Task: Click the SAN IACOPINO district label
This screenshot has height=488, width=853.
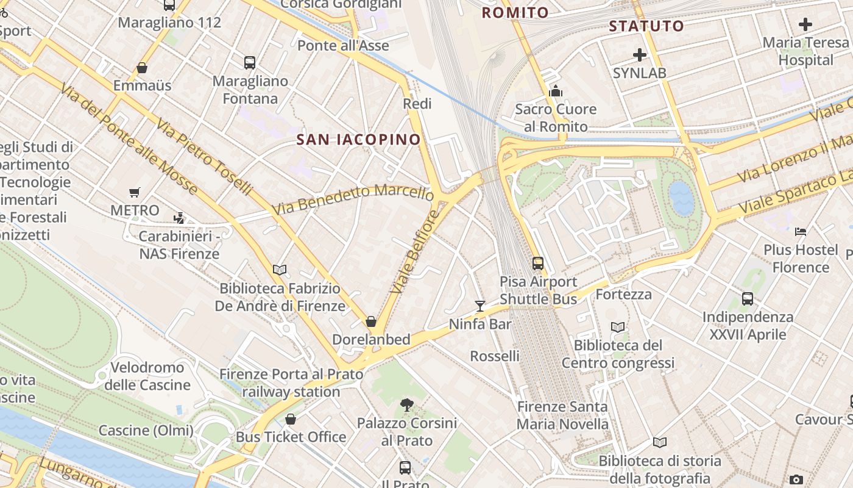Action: (x=358, y=140)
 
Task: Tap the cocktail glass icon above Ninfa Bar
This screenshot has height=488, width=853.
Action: (x=480, y=306)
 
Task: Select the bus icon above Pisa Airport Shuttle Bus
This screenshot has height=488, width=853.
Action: (x=537, y=263)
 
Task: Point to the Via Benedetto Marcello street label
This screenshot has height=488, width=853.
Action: (x=353, y=199)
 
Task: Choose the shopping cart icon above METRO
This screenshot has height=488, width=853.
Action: (x=135, y=193)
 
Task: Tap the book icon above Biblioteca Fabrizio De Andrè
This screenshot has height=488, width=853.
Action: (x=280, y=270)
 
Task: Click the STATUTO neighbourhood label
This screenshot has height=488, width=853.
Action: (x=646, y=26)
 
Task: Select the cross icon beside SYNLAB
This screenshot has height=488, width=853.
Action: (x=639, y=55)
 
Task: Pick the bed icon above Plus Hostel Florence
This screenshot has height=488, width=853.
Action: (x=801, y=232)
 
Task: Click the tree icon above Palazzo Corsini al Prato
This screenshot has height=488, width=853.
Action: (x=406, y=404)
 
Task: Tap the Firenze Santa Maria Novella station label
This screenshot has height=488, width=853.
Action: (x=562, y=415)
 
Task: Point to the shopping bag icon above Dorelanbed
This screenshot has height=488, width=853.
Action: (x=371, y=321)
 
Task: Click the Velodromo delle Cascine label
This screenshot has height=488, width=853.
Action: (x=147, y=376)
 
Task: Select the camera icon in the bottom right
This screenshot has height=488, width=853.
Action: (x=796, y=479)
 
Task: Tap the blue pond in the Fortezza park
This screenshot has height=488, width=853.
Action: (x=681, y=198)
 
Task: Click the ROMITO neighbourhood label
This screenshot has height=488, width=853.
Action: (x=515, y=13)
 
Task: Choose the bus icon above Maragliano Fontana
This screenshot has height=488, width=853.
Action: (x=249, y=62)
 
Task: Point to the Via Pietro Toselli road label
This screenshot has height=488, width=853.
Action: (x=204, y=157)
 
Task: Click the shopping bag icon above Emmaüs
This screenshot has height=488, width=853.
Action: (x=142, y=68)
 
